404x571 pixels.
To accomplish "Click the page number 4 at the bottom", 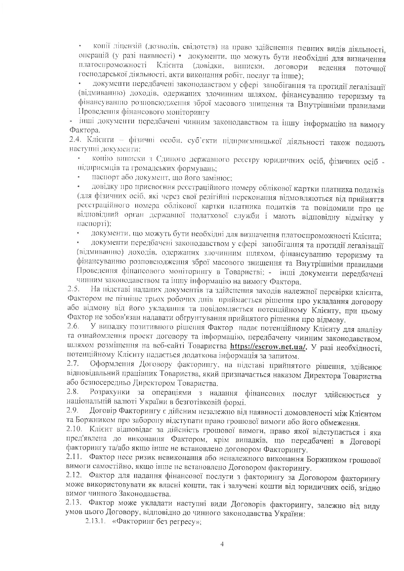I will tap(222, 544).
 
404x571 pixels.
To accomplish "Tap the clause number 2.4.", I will tap(74, 140).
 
